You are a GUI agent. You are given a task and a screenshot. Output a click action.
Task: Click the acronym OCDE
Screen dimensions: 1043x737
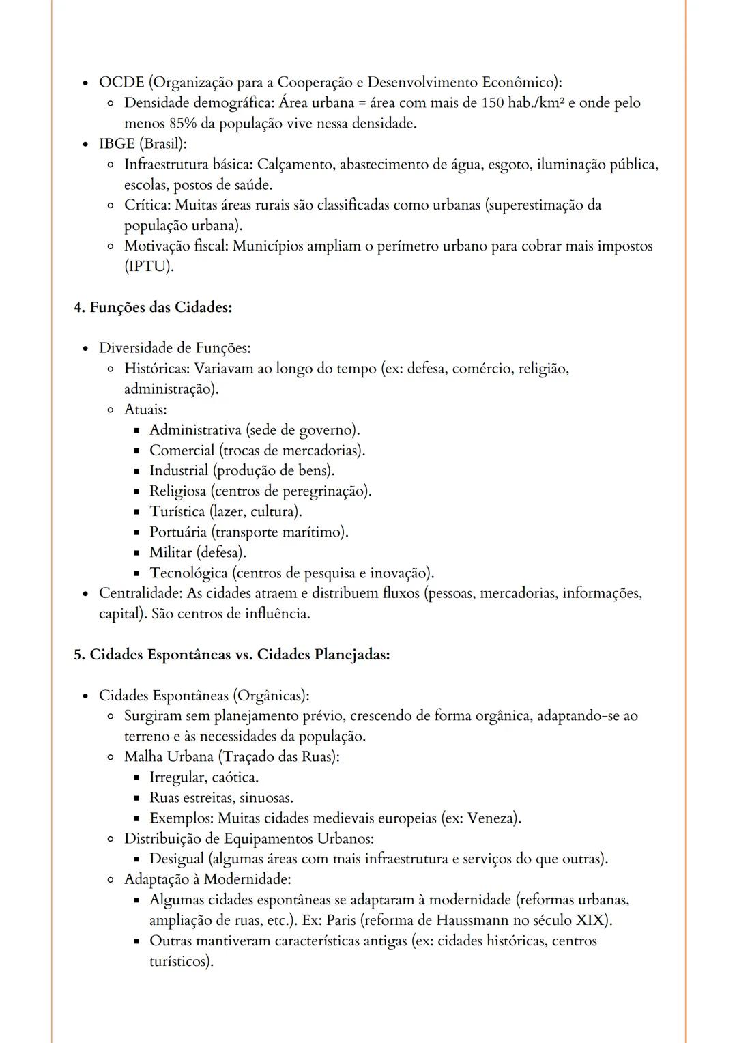(121, 83)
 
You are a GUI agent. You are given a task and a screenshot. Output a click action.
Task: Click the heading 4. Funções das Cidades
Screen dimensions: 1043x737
(153, 307)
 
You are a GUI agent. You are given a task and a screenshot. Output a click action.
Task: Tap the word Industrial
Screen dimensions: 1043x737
(179, 471)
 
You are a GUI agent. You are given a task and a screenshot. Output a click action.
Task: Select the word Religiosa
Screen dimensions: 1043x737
(177, 491)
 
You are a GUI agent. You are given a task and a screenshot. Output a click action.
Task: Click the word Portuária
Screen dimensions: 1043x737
(177, 532)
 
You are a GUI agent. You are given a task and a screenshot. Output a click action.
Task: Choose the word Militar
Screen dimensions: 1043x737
(171, 553)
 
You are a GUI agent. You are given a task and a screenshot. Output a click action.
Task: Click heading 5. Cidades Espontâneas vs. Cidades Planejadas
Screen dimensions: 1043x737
(232, 655)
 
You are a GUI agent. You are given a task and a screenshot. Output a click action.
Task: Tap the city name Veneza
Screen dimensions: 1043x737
(491, 818)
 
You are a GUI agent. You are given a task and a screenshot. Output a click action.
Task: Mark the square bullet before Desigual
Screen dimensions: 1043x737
(136, 859)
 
